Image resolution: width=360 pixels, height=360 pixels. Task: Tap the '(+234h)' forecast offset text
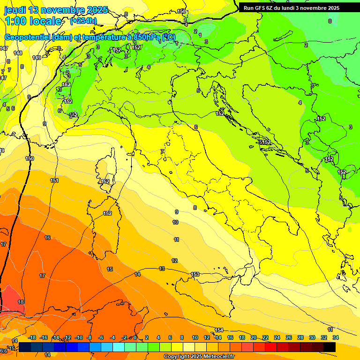pos(83,21)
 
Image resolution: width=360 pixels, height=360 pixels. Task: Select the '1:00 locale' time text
pos(33,21)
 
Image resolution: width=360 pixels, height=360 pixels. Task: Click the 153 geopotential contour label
pos(195,274)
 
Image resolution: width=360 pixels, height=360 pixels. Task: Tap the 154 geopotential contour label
pos(219,330)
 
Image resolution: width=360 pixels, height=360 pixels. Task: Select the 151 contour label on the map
pos(54,180)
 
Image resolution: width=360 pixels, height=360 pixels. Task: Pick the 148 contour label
pos(18,53)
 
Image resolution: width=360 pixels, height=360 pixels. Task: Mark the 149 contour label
pos(37,58)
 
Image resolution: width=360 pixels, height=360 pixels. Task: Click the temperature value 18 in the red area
pos(21,302)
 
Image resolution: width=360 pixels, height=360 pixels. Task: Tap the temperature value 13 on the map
pos(162,269)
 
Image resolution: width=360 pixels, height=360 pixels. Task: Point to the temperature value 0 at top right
pos(330,21)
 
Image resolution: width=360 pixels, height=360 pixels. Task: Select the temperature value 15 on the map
pos(110,269)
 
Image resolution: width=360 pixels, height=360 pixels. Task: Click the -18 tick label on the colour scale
pos(32,337)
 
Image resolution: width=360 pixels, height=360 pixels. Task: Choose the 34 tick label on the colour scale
pos(335,337)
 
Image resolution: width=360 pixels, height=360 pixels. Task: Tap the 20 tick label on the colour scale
pos(254,337)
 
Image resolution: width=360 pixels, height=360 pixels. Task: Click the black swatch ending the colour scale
pos(330,347)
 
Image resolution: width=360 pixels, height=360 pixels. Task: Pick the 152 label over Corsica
pos(105,181)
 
